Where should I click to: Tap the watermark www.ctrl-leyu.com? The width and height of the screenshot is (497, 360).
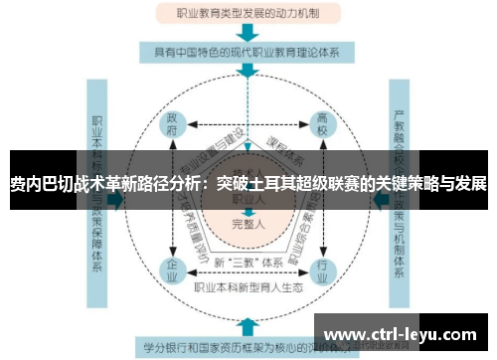[x=404, y=332]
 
